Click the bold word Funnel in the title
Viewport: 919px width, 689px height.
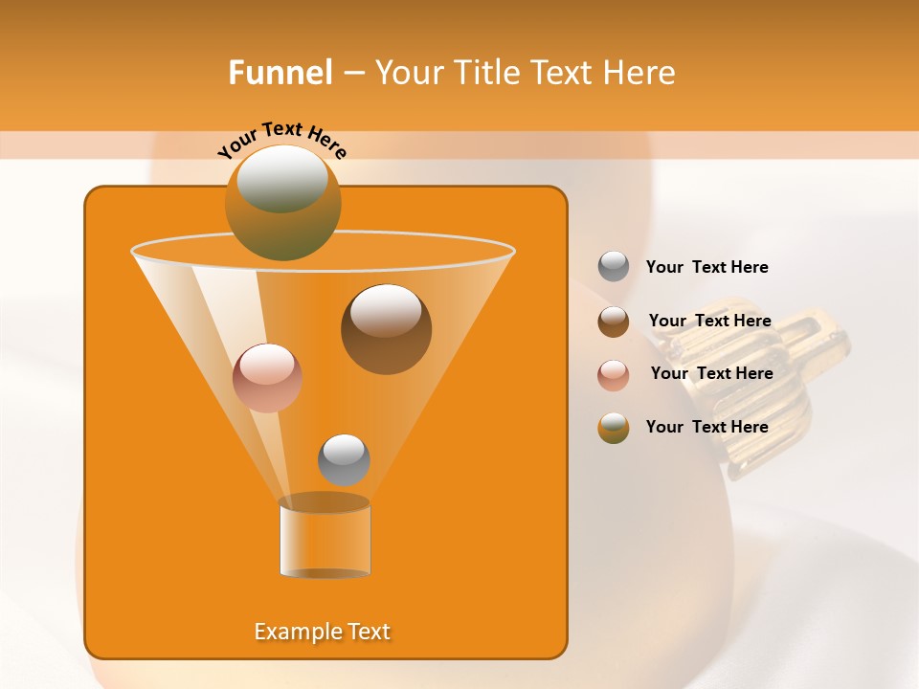coord(280,73)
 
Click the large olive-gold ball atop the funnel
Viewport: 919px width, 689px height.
coord(282,203)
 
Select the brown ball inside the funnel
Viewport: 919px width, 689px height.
coord(386,328)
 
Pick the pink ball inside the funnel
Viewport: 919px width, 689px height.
coord(267,378)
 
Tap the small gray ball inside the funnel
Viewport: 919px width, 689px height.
coord(344,459)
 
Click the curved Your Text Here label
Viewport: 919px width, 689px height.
coord(282,141)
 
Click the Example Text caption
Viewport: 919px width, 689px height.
coord(322,632)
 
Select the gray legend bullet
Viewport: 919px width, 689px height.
coord(614,266)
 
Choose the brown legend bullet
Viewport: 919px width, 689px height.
coord(614,321)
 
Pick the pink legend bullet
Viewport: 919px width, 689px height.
coord(614,374)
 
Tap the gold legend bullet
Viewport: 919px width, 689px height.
coord(614,427)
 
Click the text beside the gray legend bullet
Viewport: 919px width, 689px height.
coord(706,267)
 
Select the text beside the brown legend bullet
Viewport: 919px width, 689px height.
coord(709,321)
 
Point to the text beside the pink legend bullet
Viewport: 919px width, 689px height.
coord(711,373)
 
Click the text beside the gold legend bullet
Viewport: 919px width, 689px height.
coord(706,427)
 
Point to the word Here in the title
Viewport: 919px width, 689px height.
coord(639,73)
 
